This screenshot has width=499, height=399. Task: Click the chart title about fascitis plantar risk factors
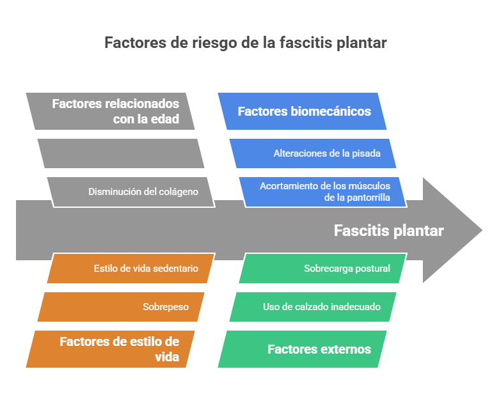[x=246, y=43]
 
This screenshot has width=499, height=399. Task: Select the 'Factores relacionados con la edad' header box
[x=111, y=111]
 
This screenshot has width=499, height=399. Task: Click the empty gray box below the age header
[x=120, y=153]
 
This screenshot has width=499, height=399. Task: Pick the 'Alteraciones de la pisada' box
[x=313, y=153]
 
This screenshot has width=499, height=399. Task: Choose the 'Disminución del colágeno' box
[x=131, y=192]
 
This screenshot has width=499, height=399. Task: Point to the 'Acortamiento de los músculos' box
[x=323, y=192]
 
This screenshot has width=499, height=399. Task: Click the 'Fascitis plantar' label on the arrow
[x=388, y=231]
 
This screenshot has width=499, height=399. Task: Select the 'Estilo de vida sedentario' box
[x=131, y=269]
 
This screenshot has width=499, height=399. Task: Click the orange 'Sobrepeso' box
[x=121, y=307]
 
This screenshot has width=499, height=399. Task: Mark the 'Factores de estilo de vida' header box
[x=111, y=349]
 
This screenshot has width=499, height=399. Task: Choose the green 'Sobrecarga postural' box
[x=322, y=269]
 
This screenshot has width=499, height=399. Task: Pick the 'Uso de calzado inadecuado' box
[x=313, y=307]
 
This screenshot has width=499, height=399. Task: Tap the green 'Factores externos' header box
[x=303, y=349]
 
